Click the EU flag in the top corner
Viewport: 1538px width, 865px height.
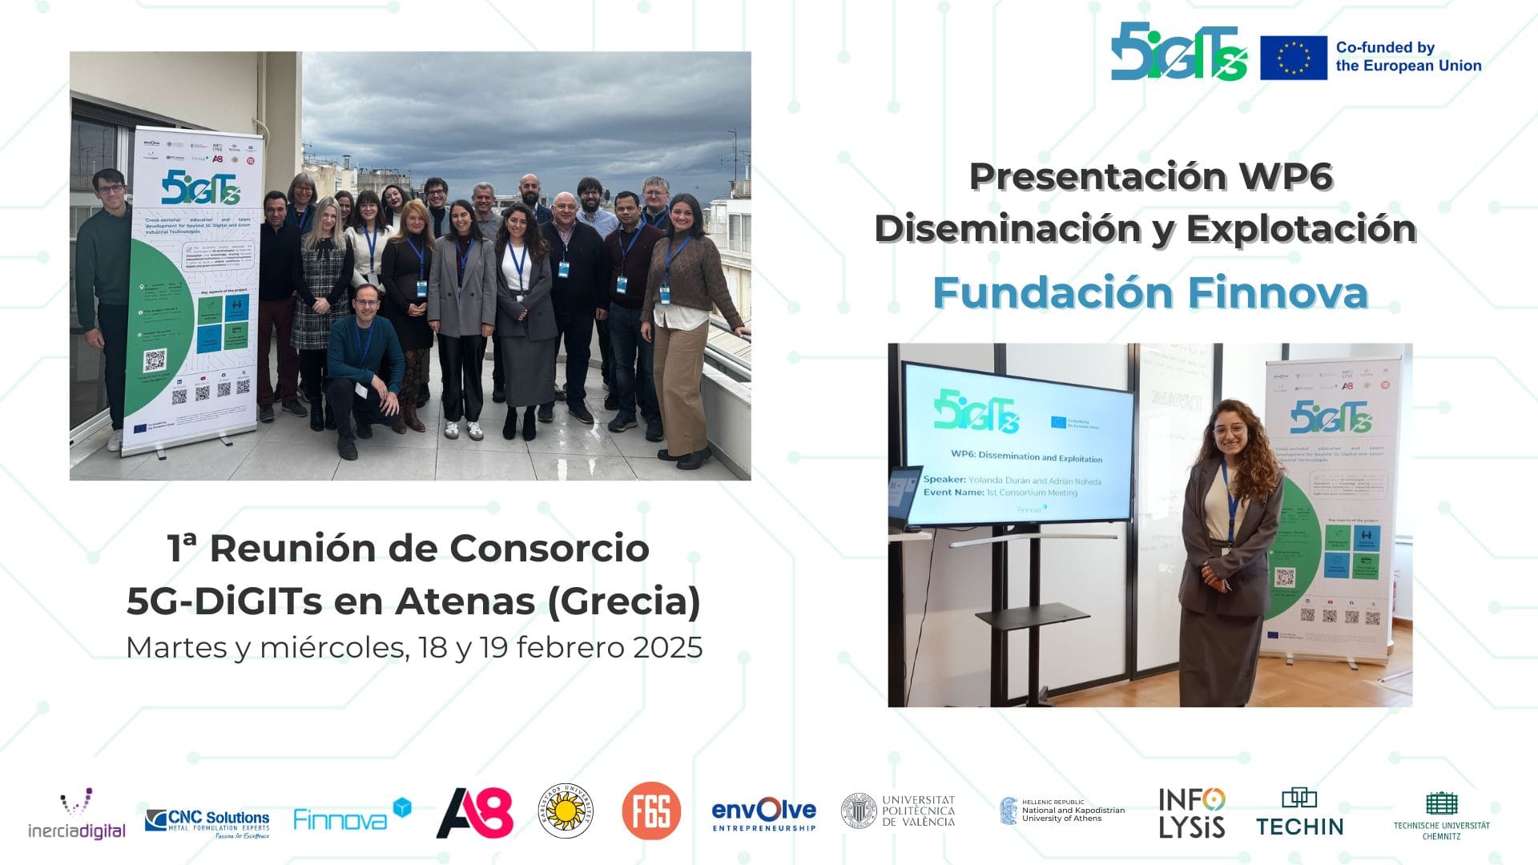tap(1293, 58)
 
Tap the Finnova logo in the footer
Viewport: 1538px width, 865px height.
tap(352, 815)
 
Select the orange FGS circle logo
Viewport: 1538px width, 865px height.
tap(651, 811)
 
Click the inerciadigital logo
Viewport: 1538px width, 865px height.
tap(77, 814)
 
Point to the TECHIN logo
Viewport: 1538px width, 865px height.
tap(1299, 814)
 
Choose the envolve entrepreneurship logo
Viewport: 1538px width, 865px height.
tap(763, 814)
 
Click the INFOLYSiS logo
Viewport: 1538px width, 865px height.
tap(1191, 813)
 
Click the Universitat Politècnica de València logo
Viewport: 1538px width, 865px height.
tap(898, 811)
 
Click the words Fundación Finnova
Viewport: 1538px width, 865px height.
tap(1150, 292)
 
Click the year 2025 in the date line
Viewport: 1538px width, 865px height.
tap(667, 647)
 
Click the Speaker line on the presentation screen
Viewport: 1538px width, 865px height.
tap(1012, 481)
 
